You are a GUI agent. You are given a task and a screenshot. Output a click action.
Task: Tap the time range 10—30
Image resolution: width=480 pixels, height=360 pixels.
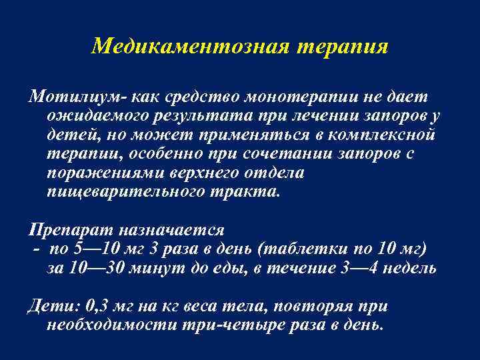[99, 268]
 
